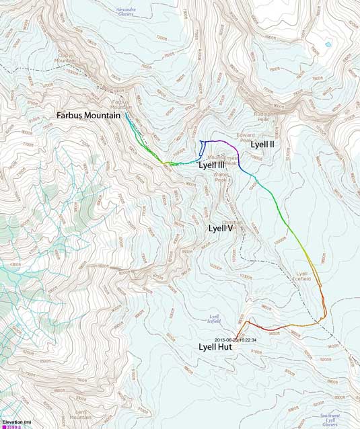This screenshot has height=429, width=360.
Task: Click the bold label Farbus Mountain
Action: coord(88,116)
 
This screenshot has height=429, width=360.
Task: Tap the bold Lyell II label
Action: coord(262,144)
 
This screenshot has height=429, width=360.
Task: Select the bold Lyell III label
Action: coord(212,165)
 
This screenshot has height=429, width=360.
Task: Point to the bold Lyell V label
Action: coord(220,228)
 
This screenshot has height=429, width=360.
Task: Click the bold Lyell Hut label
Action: coord(217,347)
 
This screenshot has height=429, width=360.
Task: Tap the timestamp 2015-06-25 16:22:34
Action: coord(236,340)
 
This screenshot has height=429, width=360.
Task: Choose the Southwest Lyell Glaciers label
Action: coord(330,420)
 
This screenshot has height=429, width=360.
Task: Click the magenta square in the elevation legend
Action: coord(3,426)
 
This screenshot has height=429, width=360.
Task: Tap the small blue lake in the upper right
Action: coord(328,44)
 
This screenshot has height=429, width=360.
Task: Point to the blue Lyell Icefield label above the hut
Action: coord(215,318)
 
